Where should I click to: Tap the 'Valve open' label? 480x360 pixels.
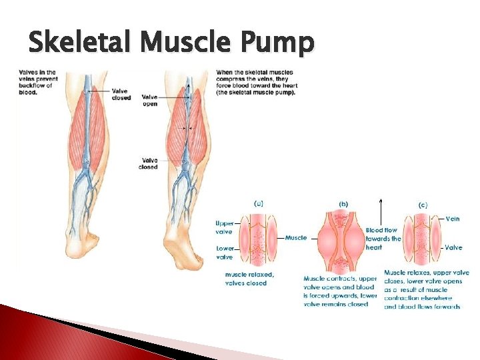coord(150,101)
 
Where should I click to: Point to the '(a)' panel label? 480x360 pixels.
coord(258,204)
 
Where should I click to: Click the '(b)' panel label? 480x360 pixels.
coord(343,204)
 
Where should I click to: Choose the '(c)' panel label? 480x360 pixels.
coord(423,205)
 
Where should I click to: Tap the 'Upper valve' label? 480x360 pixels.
coord(224,227)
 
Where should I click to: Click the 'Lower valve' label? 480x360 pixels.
coord(225,252)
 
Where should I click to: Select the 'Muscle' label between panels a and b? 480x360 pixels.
coord(296,237)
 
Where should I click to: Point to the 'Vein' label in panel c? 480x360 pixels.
coord(453,218)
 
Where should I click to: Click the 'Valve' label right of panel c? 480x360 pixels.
coord(453,247)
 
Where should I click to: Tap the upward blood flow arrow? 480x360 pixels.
coord(381,213)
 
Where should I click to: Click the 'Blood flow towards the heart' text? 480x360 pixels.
coord(383,239)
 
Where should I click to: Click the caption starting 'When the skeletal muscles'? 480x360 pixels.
coord(257,81)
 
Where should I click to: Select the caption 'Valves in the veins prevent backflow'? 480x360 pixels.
coord(38,82)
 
